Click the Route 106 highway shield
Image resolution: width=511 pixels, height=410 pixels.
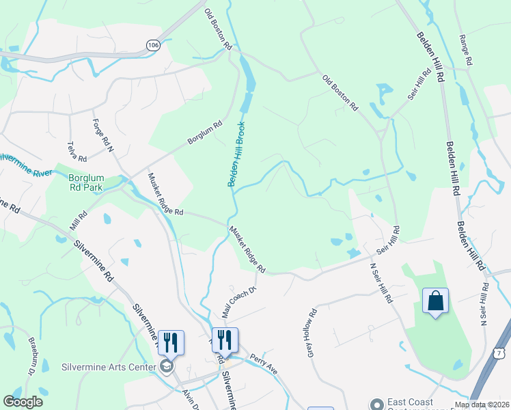pos(153,44)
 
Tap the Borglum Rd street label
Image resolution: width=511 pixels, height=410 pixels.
pos(205,134)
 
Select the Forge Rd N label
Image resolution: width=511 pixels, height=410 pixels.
pos(103,135)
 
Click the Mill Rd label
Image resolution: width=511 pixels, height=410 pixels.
pos(79,219)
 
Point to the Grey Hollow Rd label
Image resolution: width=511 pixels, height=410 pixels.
pos(313,333)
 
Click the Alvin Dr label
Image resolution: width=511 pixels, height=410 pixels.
pos(191,398)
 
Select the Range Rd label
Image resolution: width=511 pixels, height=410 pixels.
pos(466,49)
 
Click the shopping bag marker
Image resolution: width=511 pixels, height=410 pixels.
pos(435,301)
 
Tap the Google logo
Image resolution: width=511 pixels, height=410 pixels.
pos(23,402)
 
